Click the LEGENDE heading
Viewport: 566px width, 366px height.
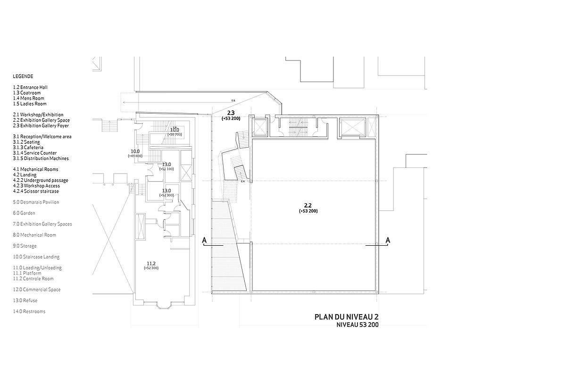(x=23, y=76)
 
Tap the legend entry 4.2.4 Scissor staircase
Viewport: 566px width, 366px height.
(x=36, y=191)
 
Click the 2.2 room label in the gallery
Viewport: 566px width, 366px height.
(x=308, y=205)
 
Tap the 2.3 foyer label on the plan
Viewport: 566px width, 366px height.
(x=231, y=113)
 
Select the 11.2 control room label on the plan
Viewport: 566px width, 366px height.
(x=151, y=263)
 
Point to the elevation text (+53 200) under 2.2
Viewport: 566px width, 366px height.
(x=308, y=211)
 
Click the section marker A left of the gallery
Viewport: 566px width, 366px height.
(x=205, y=241)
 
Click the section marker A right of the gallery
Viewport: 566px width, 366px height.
(x=388, y=241)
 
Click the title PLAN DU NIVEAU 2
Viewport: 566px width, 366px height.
(x=346, y=317)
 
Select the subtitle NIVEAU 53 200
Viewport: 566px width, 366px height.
(x=357, y=325)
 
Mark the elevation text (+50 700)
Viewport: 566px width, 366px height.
(x=175, y=135)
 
